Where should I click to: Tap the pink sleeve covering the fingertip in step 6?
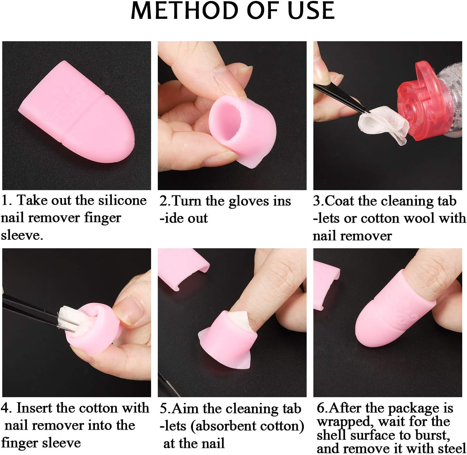[x=393, y=313]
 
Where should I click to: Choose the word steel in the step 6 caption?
[x=451, y=448]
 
